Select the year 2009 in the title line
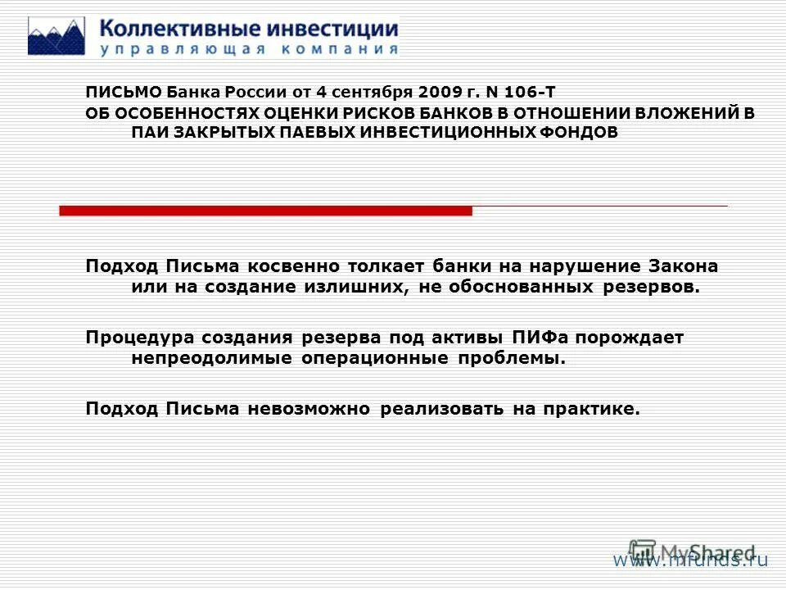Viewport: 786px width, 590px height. [x=434, y=93]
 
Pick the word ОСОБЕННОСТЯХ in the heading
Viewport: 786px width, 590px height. [x=178, y=113]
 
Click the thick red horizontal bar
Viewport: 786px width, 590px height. [x=266, y=211]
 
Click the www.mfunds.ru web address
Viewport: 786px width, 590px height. [x=692, y=560]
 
